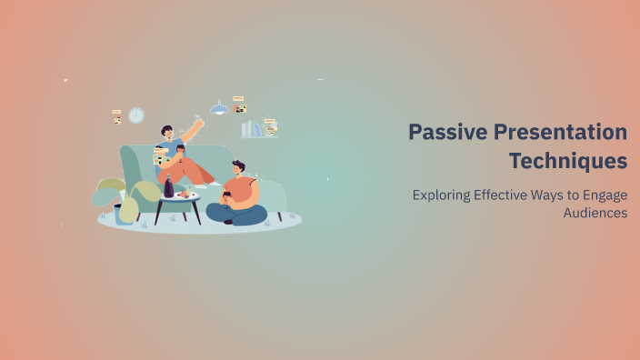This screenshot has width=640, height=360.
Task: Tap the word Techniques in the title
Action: pyautogui.click(x=567, y=161)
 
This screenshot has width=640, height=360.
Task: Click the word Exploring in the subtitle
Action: pyautogui.click(x=443, y=195)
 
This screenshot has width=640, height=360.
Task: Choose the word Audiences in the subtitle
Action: pyautogui.click(x=595, y=213)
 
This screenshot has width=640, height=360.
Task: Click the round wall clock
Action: pyautogui.click(x=136, y=115)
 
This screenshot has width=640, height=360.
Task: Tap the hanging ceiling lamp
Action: pyautogui.click(x=219, y=108)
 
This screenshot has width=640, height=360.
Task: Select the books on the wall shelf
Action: pyautogui.click(x=255, y=130)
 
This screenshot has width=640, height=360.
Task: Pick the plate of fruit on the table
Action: pyautogui.click(x=185, y=194)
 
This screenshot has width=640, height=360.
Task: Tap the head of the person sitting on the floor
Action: pyautogui.click(x=238, y=168)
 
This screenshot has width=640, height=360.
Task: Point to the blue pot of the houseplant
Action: pyautogui.click(x=125, y=213)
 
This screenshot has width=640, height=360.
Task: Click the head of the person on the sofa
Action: pyautogui.click(x=166, y=134)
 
